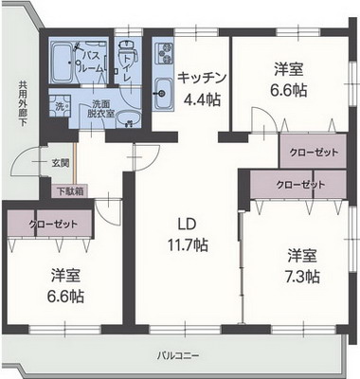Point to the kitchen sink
(x=160, y=92)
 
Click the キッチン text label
(x=201, y=79)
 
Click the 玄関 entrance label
(x=60, y=163)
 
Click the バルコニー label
(x=180, y=356)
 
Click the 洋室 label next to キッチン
(x=289, y=69)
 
